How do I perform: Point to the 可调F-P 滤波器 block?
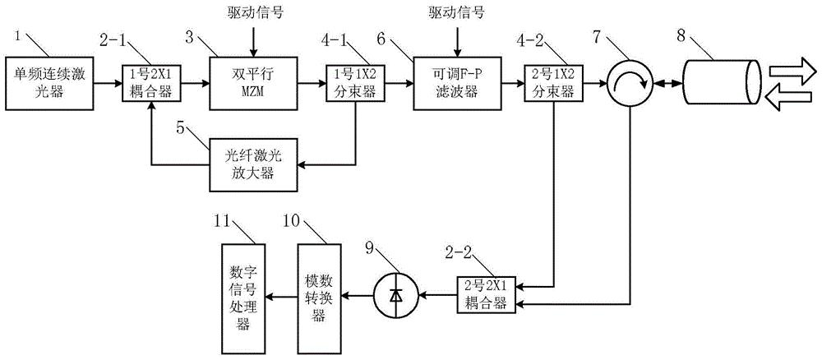click(x=455, y=83)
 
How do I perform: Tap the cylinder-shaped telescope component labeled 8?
click(x=713, y=83)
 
